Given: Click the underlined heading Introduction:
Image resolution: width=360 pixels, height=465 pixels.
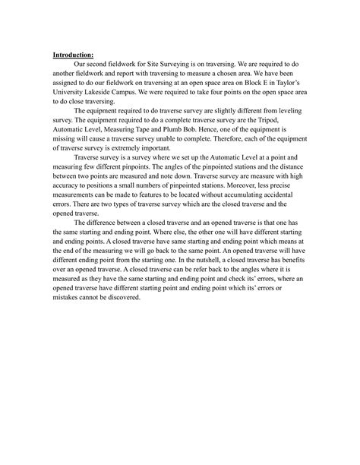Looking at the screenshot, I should (73, 55).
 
